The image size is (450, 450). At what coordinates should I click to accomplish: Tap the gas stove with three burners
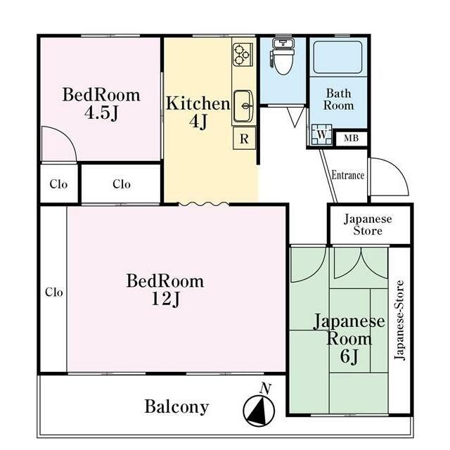(x=242, y=55)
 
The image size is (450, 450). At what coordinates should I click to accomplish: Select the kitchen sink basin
(x=243, y=106)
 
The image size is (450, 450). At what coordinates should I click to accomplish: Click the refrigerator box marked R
(x=244, y=139)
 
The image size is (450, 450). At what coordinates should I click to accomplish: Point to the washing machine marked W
(x=321, y=134)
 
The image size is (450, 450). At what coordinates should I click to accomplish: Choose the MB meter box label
(x=352, y=139)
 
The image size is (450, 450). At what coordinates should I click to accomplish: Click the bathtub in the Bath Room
(x=337, y=57)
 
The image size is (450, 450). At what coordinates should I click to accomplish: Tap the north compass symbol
(x=259, y=411)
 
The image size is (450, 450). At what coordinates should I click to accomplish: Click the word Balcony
(x=176, y=407)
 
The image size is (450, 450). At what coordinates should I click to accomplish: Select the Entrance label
(x=348, y=175)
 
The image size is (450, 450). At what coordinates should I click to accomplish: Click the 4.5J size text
(x=101, y=112)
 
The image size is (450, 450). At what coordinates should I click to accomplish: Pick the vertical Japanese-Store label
(x=399, y=320)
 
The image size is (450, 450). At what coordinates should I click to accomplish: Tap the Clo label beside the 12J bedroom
(x=54, y=292)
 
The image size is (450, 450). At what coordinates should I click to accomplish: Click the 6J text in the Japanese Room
(x=349, y=356)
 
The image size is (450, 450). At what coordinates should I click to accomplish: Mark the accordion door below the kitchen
(x=204, y=204)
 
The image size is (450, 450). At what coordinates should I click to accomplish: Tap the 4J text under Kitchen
(x=198, y=122)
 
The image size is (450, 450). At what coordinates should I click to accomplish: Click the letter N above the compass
(x=265, y=389)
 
